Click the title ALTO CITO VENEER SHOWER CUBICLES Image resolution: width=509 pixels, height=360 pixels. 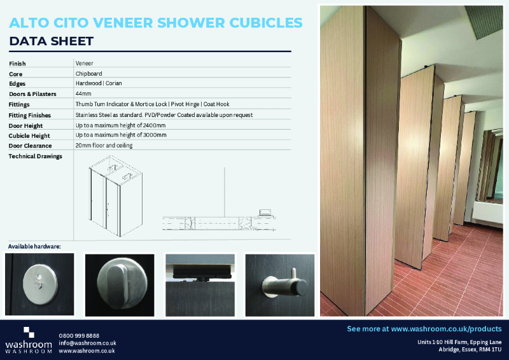pyautogui.click(x=156, y=23)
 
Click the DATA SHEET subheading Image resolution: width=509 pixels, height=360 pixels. pyautogui.click(x=52, y=42)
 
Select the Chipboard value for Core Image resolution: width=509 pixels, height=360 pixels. pyautogui.click(x=88, y=74)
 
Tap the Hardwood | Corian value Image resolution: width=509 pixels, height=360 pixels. pyautogui.click(x=99, y=84)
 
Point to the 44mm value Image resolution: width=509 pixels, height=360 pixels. pyautogui.click(x=83, y=94)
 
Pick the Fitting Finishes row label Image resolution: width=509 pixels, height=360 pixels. pyautogui.click(x=29, y=115)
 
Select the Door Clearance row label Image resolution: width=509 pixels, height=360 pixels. pyautogui.click(x=30, y=146)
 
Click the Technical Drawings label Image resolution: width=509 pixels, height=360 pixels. pyautogui.click(x=36, y=156)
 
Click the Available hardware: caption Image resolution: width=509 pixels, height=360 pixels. pyautogui.click(x=34, y=246)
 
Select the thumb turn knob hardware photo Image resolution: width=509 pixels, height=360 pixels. pyautogui.click(x=120, y=284)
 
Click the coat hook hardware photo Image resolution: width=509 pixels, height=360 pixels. pyautogui.click(x=280, y=284)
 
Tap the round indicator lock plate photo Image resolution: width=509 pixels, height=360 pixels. pyautogui.click(x=39, y=284)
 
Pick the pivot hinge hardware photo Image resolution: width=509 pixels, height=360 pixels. pyautogui.click(x=200, y=284)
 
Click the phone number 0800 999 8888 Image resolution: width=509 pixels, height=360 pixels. pyautogui.click(x=79, y=335)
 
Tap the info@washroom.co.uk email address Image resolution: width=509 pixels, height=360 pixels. pyautogui.click(x=87, y=343)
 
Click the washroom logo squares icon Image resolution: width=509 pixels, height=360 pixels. pyautogui.click(x=29, y=332)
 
